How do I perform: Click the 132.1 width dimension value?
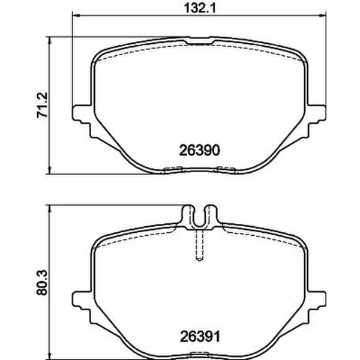click(200, 8)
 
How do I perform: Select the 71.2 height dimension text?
click(42, 105)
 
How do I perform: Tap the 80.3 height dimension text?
click(42, 283)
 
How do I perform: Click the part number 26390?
click(199, 151)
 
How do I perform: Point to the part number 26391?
click(200, 337)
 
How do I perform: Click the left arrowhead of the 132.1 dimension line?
click(76, 16)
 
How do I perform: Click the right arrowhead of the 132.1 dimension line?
click(322, 16)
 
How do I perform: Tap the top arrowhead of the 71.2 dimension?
click(49, 40)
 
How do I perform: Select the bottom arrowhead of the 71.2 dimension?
click(49, 170)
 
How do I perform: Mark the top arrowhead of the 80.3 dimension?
click(49, 209)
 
